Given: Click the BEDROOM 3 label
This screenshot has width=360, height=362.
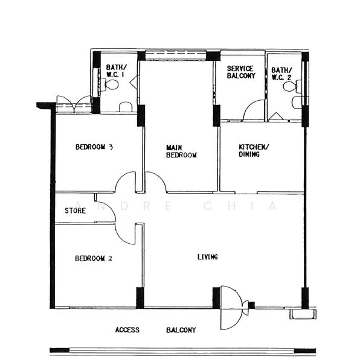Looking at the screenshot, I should (95, 147).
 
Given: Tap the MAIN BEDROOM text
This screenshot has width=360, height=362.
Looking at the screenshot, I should (181, 151).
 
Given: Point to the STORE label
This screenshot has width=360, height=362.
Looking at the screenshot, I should (75, 211).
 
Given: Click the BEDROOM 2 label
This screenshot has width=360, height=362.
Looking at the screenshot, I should (94, 258).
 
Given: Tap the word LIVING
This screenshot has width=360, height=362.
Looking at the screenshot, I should (207, 257).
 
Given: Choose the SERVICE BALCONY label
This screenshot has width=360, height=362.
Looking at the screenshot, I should (241, 72).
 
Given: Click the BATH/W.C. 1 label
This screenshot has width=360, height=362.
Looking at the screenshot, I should (116, 71).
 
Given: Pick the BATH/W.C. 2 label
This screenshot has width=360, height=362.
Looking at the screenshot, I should (281, 74).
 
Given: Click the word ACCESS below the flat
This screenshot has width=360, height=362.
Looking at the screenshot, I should (127, 330).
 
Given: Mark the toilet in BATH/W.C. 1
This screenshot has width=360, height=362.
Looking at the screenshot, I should (111, 85).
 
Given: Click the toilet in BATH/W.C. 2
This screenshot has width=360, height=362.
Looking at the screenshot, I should (291, 87).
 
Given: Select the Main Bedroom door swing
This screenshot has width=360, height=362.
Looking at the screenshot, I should (155, 183).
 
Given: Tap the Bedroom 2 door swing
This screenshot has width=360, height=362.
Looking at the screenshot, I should (126, 232).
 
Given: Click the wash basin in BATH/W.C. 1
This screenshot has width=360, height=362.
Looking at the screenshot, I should (126, 107).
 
